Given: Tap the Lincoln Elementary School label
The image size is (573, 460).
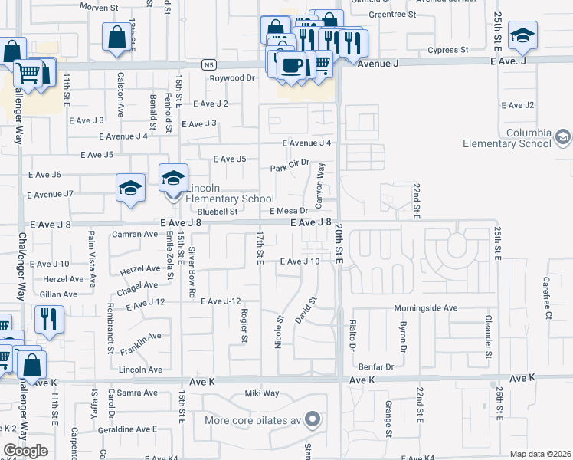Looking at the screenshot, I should click(219, 194).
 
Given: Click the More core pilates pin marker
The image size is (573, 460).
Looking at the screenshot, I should click(312, 419).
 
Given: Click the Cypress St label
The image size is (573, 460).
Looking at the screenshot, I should click(448, 50).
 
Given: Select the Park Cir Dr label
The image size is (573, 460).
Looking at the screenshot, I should click(290, 163).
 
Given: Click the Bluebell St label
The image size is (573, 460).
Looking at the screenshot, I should click(218, 211).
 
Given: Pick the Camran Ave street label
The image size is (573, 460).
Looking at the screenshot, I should click(134, 234).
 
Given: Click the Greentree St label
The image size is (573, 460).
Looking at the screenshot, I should click(391, 14).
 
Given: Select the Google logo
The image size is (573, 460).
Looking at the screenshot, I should click(25, 451).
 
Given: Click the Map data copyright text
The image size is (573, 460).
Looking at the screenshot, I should click(539, 454).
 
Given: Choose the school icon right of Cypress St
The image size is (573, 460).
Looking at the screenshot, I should click(522, 34).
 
